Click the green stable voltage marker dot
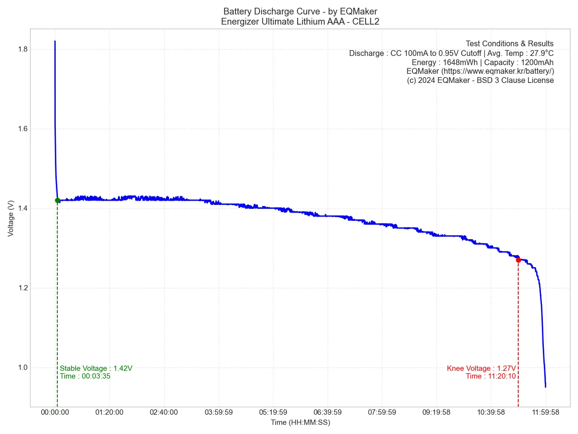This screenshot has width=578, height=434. click(x=57, y=200)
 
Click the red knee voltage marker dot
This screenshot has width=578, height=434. click(x=518, y=260)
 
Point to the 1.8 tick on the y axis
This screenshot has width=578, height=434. click(x=21, y=49)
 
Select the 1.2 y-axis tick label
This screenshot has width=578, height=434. click(x=21, y=288)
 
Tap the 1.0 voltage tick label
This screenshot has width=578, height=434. click(x=21, y=367)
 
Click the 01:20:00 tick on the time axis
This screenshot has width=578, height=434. click(x=109, y=412)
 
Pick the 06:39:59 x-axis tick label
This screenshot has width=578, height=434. click(x=328, y=412)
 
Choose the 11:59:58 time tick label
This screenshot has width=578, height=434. click(x=546, y=412)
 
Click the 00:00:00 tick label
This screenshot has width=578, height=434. click(x=55, y=412)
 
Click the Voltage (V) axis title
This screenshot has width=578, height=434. click(x=11, y=218)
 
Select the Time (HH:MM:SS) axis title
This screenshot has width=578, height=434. click(x=300, y=422)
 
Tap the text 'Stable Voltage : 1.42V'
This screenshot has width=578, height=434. click(x=96, y=368)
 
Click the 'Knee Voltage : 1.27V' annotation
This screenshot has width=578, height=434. click(x=481, y=368)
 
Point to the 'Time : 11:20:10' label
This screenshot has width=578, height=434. click(x=491, y=376)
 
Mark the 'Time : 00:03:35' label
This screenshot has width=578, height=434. click(x=85, y=376)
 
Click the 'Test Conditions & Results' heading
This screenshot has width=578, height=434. click(x=510, y=44)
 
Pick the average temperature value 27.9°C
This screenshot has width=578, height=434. click(x=542, y=53)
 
